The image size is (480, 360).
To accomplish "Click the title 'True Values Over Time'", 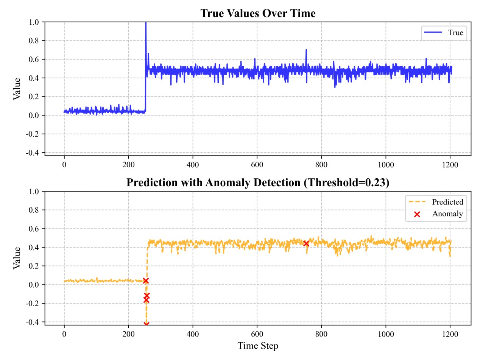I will click(x=258, y=14).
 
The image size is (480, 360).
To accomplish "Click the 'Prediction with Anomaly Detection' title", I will click(x=258, y=182).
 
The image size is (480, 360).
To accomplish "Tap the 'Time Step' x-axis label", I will click(x=258, y=346).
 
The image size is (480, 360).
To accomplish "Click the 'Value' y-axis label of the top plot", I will click(x=17, y=88).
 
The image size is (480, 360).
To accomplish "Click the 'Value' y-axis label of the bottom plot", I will click(x=17, y=257).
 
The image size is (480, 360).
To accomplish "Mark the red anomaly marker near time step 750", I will click(x=306, y=243).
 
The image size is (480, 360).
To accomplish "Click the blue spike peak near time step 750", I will click(x=306, y=50).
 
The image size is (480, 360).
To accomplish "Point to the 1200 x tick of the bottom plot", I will click(x=450, y=334).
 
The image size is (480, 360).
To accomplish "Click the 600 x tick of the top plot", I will click(x=257, y=165).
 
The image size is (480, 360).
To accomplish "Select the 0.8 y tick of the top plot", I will click(x=34, y=41).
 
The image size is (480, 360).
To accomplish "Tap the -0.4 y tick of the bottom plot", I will click(x=33, y=322).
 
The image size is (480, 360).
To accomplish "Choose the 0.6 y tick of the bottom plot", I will click(x=34, y=229).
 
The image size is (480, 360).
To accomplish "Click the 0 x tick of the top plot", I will click(x=64, y=165).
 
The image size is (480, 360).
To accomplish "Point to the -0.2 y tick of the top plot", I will click(x=33, y=134).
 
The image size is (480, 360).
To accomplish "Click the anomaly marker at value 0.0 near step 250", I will click(x=146, y=281).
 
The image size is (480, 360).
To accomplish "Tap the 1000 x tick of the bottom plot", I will click(x=386, y=334).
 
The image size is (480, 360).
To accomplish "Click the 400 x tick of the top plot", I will click(x=193, y=165).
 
